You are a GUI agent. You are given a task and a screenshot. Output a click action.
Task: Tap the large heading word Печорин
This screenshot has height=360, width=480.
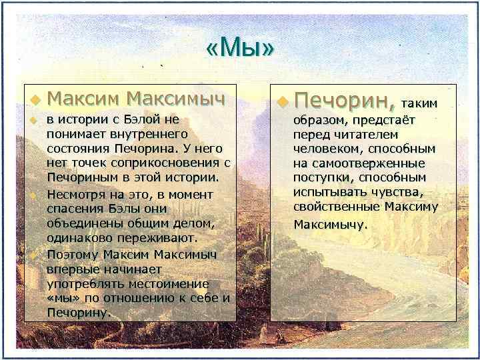click(x=345, y=101)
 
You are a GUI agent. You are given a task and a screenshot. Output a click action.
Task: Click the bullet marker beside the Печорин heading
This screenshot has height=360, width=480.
click(x=283, y=102)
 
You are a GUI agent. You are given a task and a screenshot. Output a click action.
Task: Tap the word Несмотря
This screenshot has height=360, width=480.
click(x=73, y=194)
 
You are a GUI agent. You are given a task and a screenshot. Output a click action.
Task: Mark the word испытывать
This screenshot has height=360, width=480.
click(x=325, y=193)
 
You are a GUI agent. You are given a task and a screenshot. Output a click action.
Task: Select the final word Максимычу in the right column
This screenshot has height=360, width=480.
click(x=331, y=225)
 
